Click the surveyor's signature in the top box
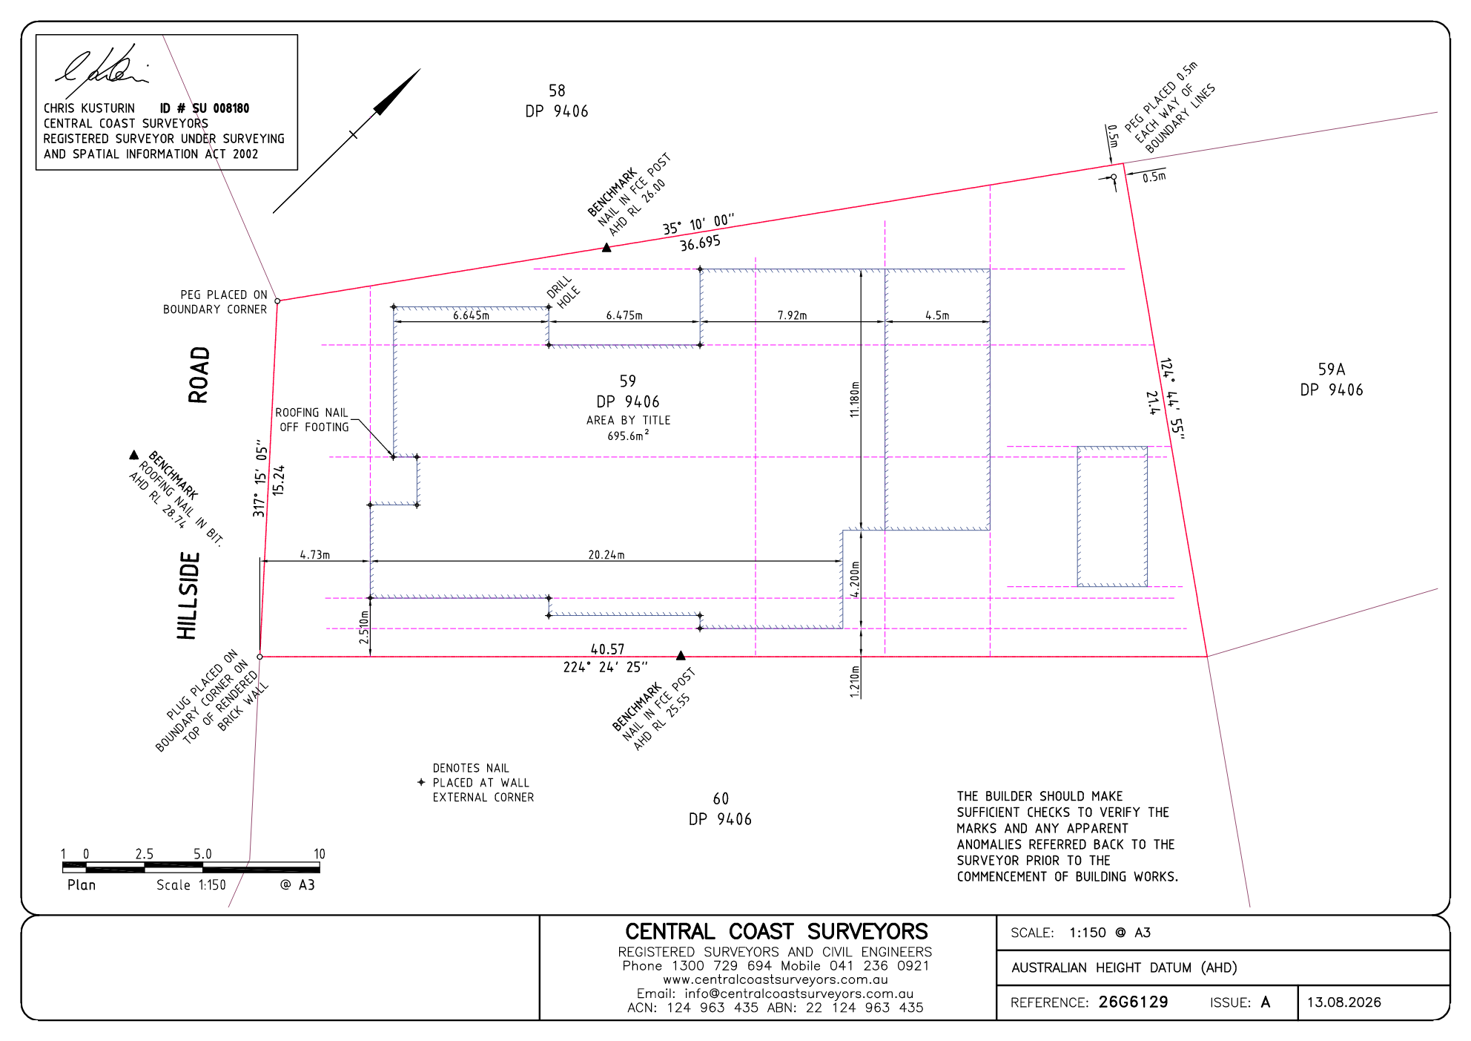coord(102,68)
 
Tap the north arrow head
coord(397,92)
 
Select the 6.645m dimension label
coord(472,315)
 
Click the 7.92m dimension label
coord(792,315)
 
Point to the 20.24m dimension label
coord(606,555)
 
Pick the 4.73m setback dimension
coord(315,555)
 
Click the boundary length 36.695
coord(700,243)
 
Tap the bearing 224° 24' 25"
coord(605,667)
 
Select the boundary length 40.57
coord(607,649)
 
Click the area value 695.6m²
coord(628,436)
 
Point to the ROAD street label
coord(199,375)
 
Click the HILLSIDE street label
coord(188,596)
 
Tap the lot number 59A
coord(1332,369)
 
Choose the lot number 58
coord(557,91)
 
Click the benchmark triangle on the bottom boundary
coord(681,655)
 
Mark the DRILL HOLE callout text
coord(563,292)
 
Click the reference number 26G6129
coord(1133,1002)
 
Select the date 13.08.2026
coord(1343,1002)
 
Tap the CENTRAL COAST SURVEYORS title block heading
coord(776,931)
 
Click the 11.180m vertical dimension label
coord(855,399)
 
